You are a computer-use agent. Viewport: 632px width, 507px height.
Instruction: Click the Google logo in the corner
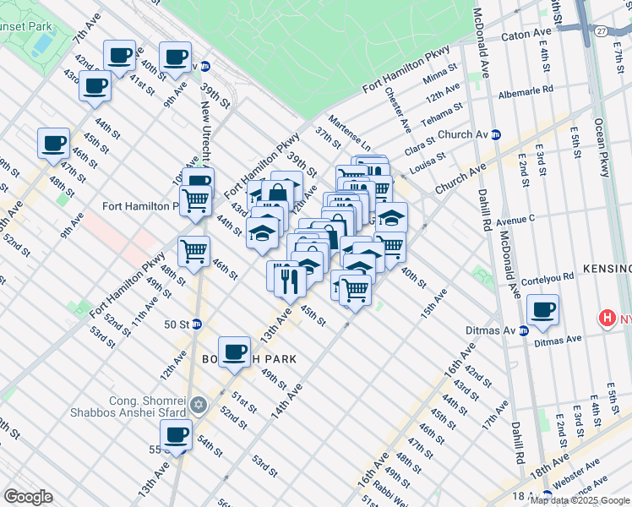[x=28, y=497]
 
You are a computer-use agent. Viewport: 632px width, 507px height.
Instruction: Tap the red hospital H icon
[x=606, y=319]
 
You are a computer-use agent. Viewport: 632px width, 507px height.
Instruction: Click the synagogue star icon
[x=199, y=406]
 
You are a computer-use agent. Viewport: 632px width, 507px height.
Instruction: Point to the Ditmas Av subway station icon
[x=524, y=330]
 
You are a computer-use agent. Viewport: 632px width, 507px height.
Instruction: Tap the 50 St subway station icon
[x=197, y=324]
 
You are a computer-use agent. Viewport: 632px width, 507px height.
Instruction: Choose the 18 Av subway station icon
[x=547, y=496]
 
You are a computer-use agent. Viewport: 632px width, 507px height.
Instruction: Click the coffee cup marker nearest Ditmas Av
[x=542, y=309]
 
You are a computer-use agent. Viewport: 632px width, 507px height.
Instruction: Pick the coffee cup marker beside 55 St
[x=177, y=435]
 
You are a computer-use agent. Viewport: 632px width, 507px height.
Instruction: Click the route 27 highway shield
[x=599, y=30]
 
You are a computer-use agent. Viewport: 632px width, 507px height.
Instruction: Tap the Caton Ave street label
[x=525, y=35]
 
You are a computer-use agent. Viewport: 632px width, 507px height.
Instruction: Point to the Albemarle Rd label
[x=526, y=88]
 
